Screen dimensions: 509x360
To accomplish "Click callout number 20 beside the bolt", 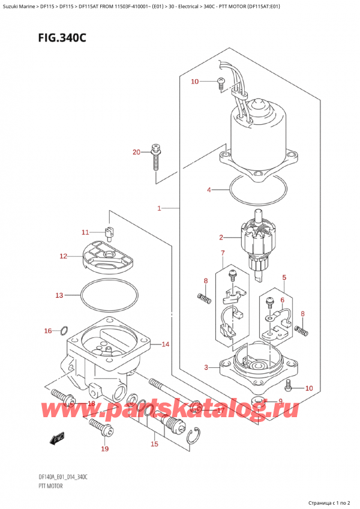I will (x=136, y=152).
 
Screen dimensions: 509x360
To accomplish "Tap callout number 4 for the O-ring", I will (x=209, y=190).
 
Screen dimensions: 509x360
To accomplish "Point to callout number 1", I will (x=159, y=208).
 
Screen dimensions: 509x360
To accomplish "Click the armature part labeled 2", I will (x=258, y=240).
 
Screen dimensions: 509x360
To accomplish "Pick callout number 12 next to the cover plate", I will (x=63, y=256).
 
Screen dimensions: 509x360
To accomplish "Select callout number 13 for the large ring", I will (x=59, y=295).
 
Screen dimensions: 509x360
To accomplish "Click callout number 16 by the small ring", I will (x=48, y=330).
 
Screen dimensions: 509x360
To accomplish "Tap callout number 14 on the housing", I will (x=166, y=344).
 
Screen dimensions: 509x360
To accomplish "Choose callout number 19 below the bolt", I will (x=105, y=448).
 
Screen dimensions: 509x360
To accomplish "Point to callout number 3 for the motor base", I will (x=206, y=367).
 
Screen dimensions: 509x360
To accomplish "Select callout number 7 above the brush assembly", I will (x=222, y=253).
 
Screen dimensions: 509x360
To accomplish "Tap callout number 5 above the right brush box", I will (x=284, y=277).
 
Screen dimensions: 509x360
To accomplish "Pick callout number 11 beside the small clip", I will (x=85, y=232).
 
